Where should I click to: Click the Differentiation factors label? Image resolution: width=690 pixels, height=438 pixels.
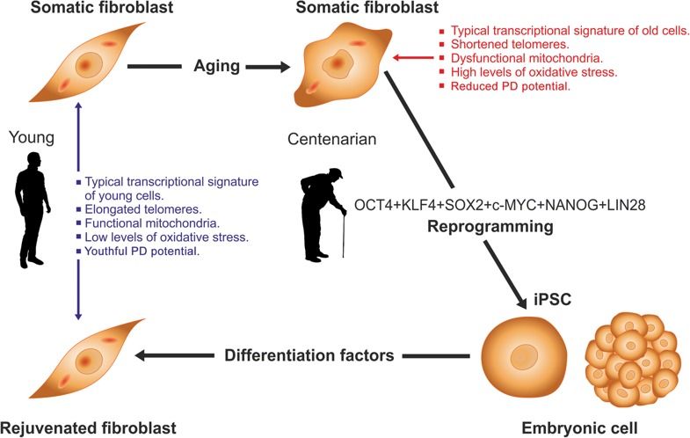tap(307, 355)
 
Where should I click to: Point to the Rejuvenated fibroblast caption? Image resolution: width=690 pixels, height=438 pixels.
tap(89, 427)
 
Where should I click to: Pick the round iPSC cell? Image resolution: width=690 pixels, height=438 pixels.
tap(519, 356)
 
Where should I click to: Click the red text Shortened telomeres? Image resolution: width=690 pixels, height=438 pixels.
tap(512, 44)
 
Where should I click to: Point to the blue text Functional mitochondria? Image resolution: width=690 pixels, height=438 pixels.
tap(144, 223)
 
